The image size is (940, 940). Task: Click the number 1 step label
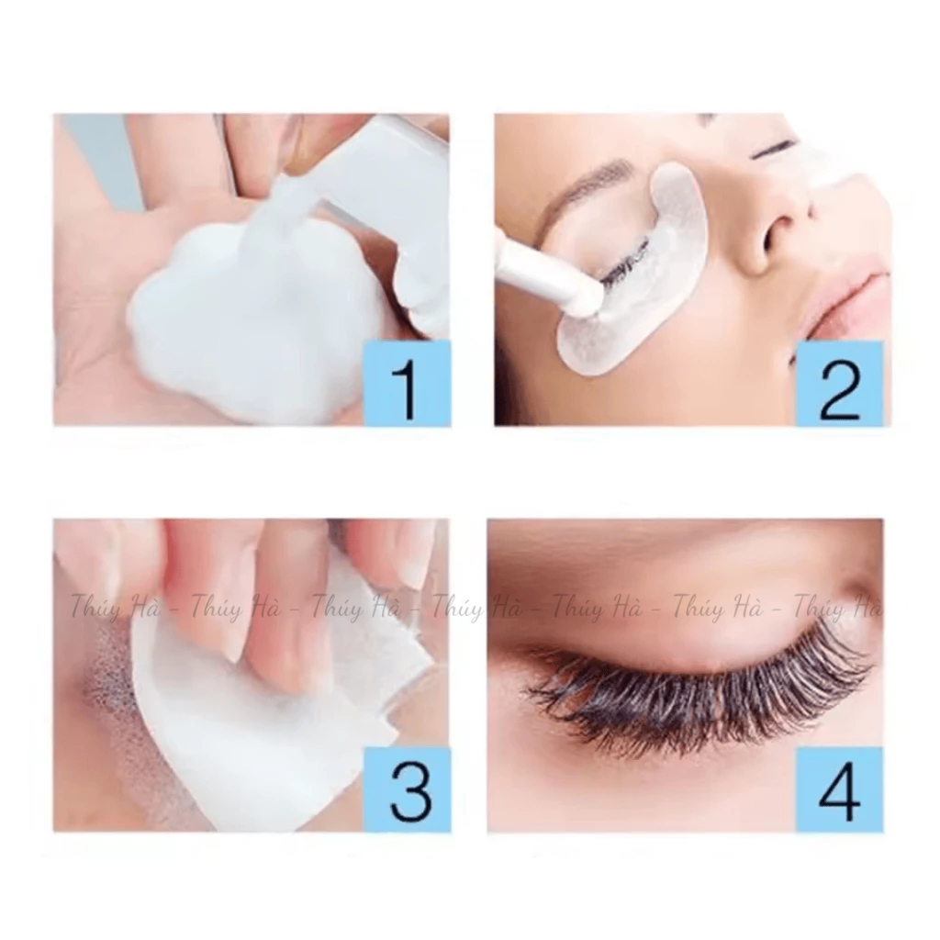(408, 383)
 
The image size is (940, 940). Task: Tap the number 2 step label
(839, 384)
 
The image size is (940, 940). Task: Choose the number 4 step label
(839, 789)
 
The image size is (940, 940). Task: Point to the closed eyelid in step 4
(689, 618)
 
